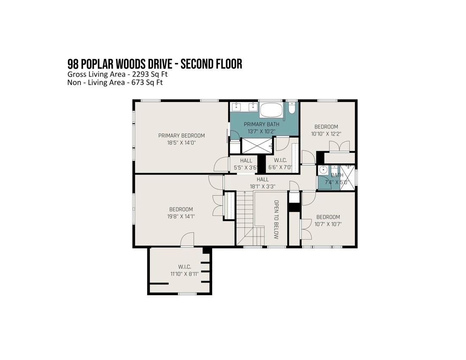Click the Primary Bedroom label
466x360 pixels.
pyautogui.click(x=181, y=136)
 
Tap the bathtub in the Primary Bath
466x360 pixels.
pyautogui.click(x=271, y=111)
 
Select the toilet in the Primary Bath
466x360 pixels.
pyautogui.click(x=291, y=108)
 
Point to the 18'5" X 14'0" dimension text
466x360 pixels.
pyautogui.click(x=181, y=143)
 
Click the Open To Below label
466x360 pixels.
pyautogui.click(x=276, y=220)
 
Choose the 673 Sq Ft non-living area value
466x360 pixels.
pyautogui.click(x=147, y=82)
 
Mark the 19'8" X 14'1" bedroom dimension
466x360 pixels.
pyautogui.click(x=181, y=216)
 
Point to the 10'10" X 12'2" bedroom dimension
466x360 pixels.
pyautogui.click(x=326, y=134)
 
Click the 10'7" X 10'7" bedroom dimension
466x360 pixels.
pyautogui.click(x=328, y=224)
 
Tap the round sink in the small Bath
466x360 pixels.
pyautogui.click(x=322, y=170)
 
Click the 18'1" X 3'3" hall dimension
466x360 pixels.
pyautogui.click(x=262, y=186)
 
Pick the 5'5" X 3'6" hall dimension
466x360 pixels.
pyautogui.click(x=246, y=168)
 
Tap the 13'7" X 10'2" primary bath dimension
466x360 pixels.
pyautogui.click(x=261, y=131)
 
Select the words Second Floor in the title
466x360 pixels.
pyautogui.click(x=211, y=64)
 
